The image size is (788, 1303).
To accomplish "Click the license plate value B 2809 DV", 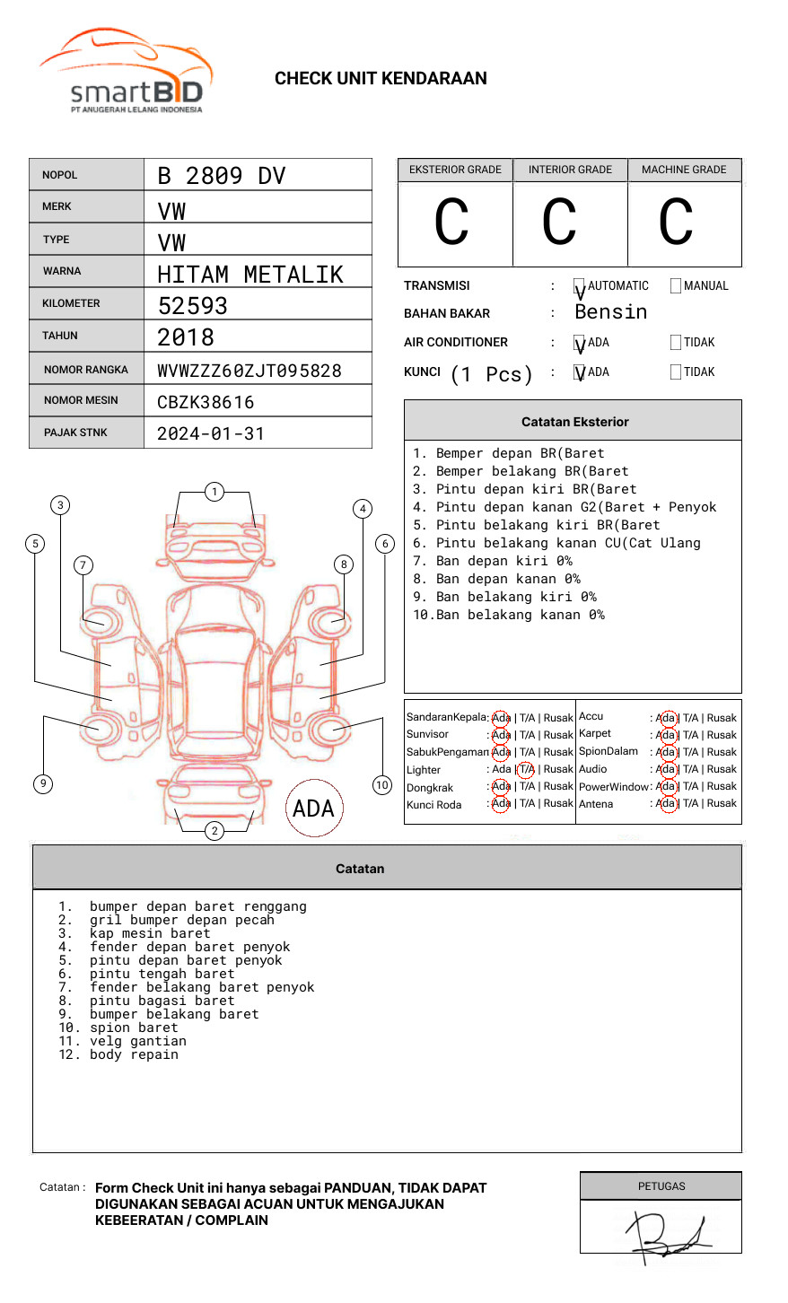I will point(222,175).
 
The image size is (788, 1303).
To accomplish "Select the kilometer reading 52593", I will point(193,305).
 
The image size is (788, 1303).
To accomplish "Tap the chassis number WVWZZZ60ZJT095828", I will point(250,370).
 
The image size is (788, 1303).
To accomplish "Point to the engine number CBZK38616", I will point(206,402).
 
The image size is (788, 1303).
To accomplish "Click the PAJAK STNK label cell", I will point(75,433).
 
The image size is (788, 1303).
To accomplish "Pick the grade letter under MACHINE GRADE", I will point(675,223).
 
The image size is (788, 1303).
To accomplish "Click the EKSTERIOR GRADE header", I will point(455,170).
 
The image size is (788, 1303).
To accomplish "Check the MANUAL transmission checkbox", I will point(676,285).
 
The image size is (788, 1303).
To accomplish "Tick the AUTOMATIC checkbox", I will point(580,286).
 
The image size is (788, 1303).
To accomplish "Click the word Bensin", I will point(610,311).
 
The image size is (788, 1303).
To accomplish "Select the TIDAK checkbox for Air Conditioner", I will point(676,342).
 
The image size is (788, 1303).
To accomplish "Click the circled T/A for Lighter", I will point(526,769).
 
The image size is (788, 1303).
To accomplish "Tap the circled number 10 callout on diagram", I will point(382,784).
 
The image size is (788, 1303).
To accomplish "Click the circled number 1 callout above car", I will point(214,491).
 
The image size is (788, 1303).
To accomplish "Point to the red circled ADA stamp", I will point(313,808).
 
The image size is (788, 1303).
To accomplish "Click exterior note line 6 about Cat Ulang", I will point(556,543).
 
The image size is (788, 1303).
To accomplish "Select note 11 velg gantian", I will point(137,1041).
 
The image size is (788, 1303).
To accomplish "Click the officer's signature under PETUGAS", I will point(668,1233).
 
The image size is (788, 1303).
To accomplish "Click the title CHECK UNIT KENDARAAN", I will point(381,78).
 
